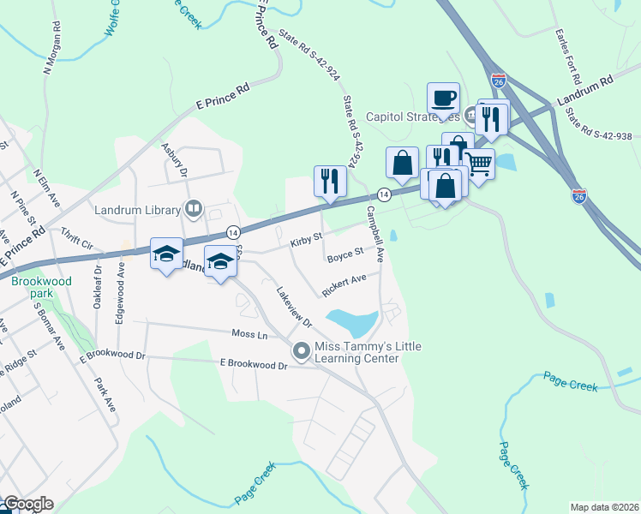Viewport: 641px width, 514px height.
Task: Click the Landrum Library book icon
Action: pos(195,209)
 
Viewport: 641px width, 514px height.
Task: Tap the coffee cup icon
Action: pos(444,97)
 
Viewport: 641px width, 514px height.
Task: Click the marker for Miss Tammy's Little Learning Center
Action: pos(301,350)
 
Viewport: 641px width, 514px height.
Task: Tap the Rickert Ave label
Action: pos(344,284)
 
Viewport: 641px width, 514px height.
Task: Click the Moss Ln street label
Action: pos(249,333)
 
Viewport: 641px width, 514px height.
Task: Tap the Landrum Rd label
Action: pos(585,89)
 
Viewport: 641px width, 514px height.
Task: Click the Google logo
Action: pos(27,505)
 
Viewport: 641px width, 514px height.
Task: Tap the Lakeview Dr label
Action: pos(292,305)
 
